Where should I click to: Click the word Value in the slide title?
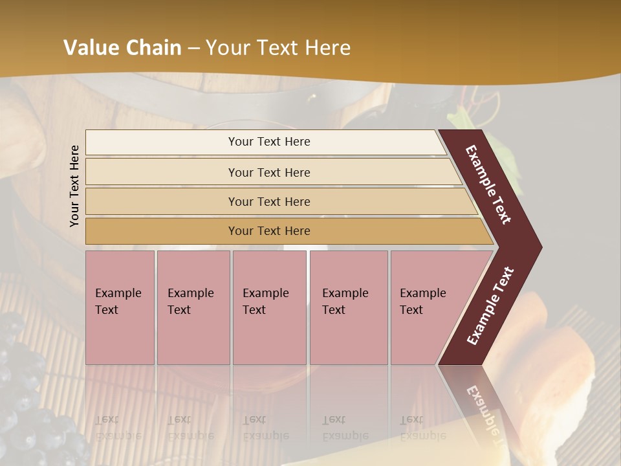point(90,48)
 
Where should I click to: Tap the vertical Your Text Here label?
point(75,186)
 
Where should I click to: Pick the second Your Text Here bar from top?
point(268,172)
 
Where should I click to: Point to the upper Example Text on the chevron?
point(488,184)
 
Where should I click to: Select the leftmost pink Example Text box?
point(120,307)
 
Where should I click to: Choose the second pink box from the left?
point(193,307)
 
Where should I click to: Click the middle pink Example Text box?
point(269,307)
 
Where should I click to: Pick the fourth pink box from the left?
point(349,307)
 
